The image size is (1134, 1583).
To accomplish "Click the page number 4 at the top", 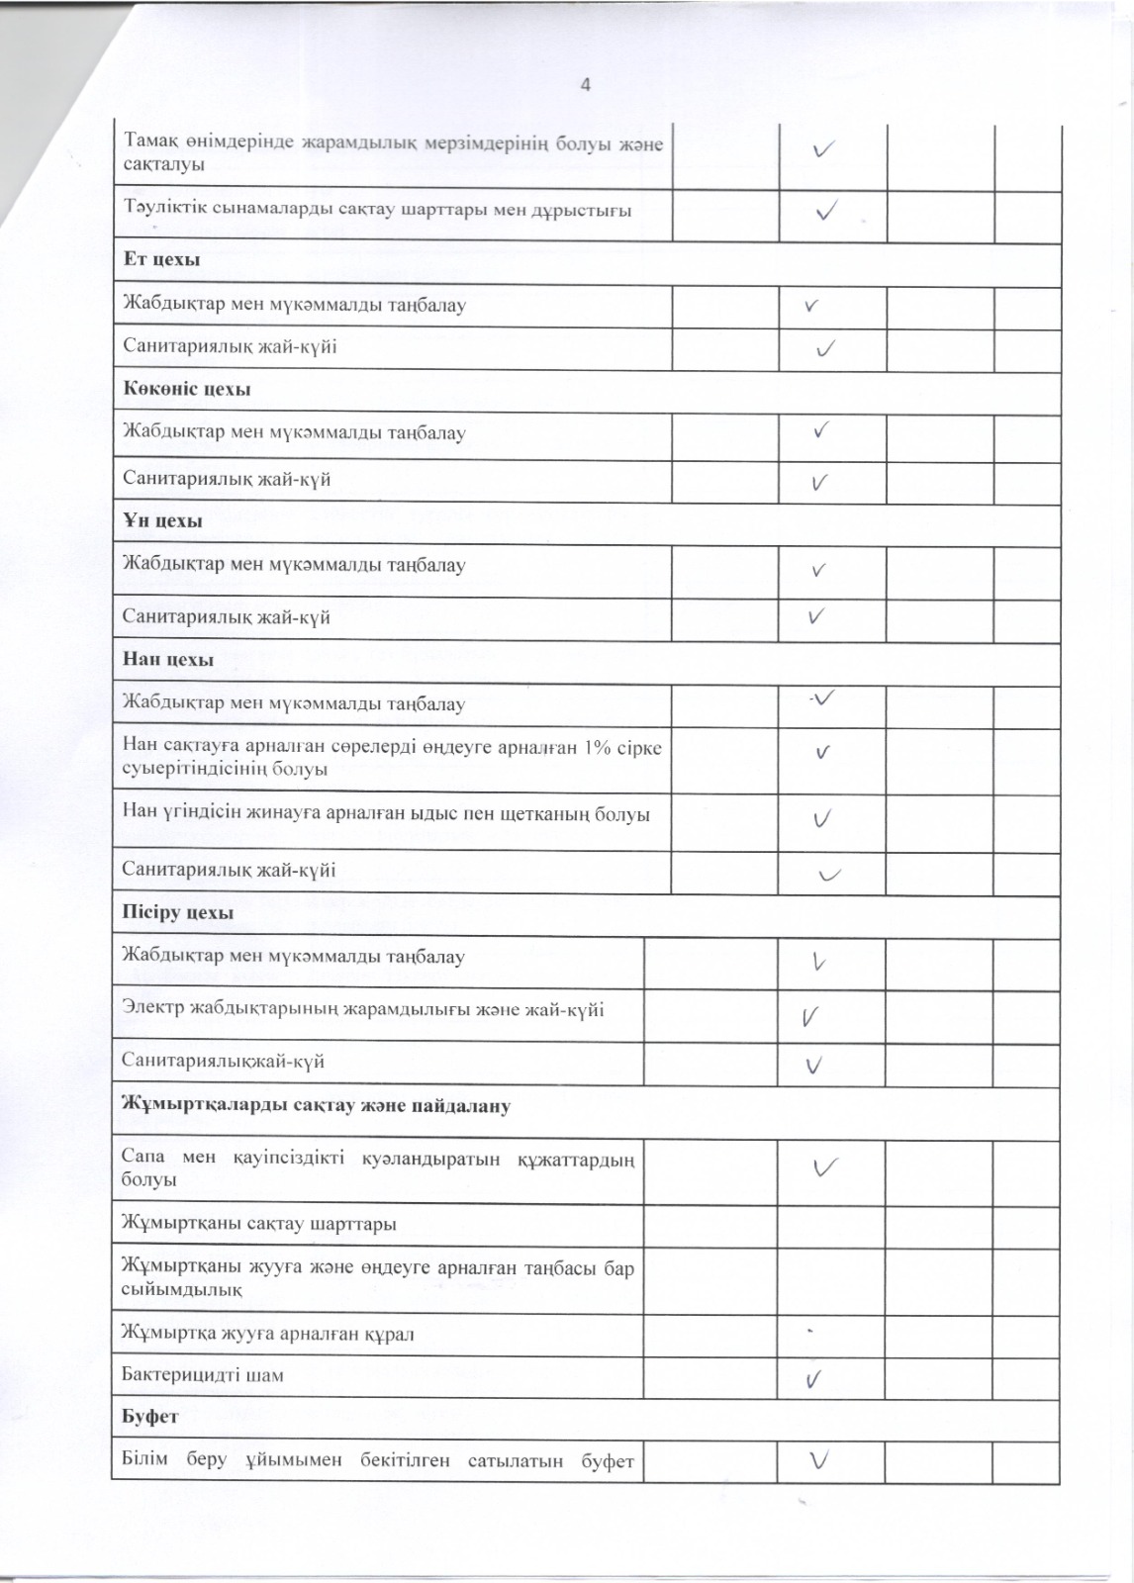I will point(585,85).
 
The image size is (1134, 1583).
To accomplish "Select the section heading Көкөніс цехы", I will point(186,389).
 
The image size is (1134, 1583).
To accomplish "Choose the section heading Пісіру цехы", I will point(177,913).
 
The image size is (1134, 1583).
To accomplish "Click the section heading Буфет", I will point(150,1417).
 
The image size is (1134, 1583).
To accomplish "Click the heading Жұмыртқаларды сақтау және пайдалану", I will point(316,1106).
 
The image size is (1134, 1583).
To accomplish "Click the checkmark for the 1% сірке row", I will point(822,753).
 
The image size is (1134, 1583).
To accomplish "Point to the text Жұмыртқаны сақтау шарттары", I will point(258,1224).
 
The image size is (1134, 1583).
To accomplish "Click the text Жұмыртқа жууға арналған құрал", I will point(267,1334).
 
